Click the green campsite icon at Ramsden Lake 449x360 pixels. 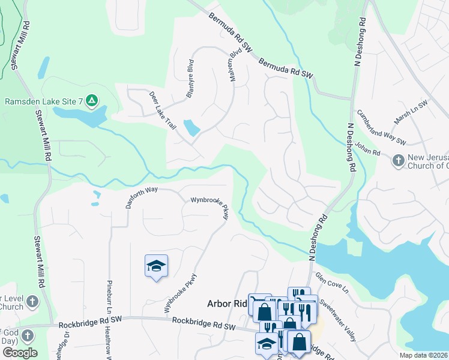[92, 101]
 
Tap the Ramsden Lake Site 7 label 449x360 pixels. [43, 101]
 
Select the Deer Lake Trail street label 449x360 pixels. [162, 112]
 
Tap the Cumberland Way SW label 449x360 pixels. [382, 127]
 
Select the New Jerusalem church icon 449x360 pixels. [398, 160]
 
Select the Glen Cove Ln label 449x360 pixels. [331, 285]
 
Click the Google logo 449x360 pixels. [19, 352]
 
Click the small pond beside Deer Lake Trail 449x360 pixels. [191, 128]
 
